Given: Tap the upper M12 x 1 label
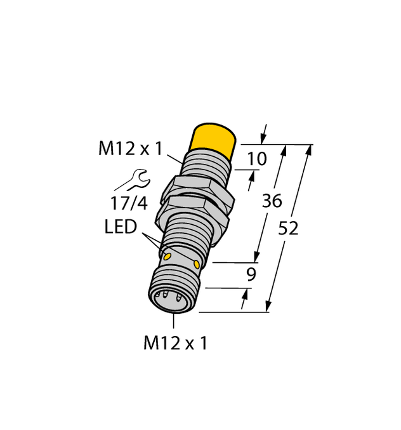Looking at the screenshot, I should (x=131, y=149).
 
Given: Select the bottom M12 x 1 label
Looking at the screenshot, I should (x=176, y=344).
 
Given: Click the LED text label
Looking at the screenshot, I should (x=121, y=227).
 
